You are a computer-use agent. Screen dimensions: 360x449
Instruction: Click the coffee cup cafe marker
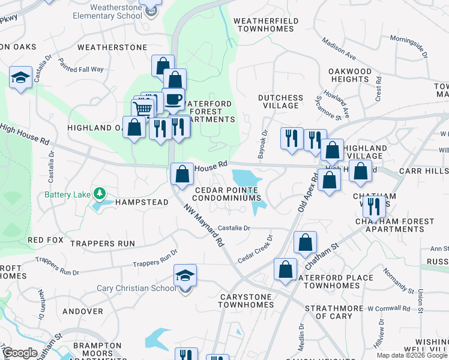[x=173, y=100]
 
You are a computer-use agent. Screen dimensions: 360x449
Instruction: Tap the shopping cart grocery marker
[x=143, y=110]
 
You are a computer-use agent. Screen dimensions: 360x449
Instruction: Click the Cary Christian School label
[x=136, y=288]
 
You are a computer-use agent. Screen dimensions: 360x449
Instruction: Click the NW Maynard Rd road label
[x=204, y=225]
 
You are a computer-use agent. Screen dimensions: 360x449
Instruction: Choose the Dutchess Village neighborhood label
[x=280, y=101]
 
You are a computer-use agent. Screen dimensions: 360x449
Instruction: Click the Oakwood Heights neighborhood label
[x=350, y=75]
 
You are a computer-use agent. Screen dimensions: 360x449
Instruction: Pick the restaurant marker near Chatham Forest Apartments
[x=373, y=207]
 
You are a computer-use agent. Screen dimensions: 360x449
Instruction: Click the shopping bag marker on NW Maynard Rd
[x=182, y=175]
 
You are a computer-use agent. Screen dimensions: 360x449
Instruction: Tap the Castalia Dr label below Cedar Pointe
[x=234, y=228]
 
